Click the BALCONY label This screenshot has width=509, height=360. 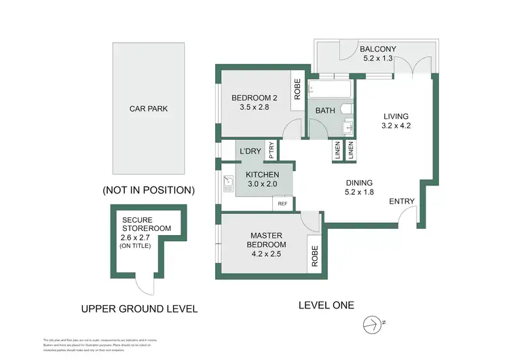[379, 49]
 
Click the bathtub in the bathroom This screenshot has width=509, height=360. [329, 88]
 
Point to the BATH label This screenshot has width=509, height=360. [324, 110]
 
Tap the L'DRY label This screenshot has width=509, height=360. [250, 151]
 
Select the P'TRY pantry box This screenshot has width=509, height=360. [271, 151]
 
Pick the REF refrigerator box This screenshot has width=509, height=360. [282, 202]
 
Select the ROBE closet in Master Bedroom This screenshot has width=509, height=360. [314, 255]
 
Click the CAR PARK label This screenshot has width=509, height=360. [148, 108]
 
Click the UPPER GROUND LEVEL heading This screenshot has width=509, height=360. [139, 308]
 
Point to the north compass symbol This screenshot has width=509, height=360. [370, 325]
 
